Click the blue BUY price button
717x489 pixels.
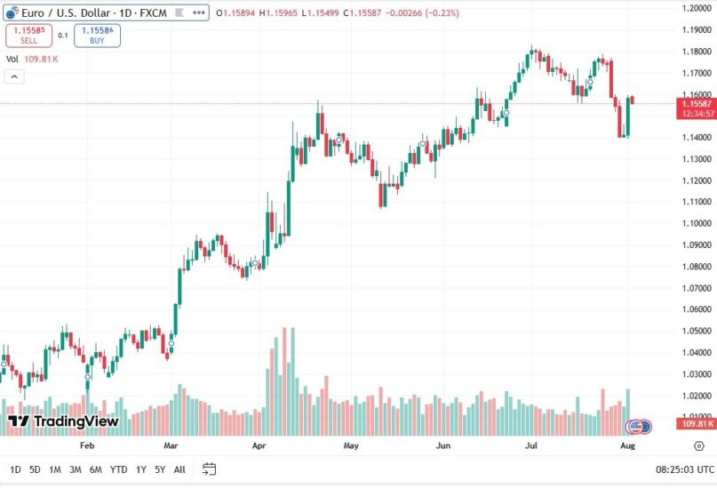tap(97, 35)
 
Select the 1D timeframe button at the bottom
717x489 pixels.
tap(16, 469)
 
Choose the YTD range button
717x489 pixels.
tap(117, 469)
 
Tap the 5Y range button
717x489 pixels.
tap(160, 469)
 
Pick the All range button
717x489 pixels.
tap(179, 469)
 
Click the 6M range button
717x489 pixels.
tap(95, 469)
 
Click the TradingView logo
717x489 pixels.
tap(63, 421)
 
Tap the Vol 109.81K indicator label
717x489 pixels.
tap(32, 59)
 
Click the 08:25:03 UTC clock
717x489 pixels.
tap(685, 469)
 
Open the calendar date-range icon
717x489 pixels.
tap(210, 469)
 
